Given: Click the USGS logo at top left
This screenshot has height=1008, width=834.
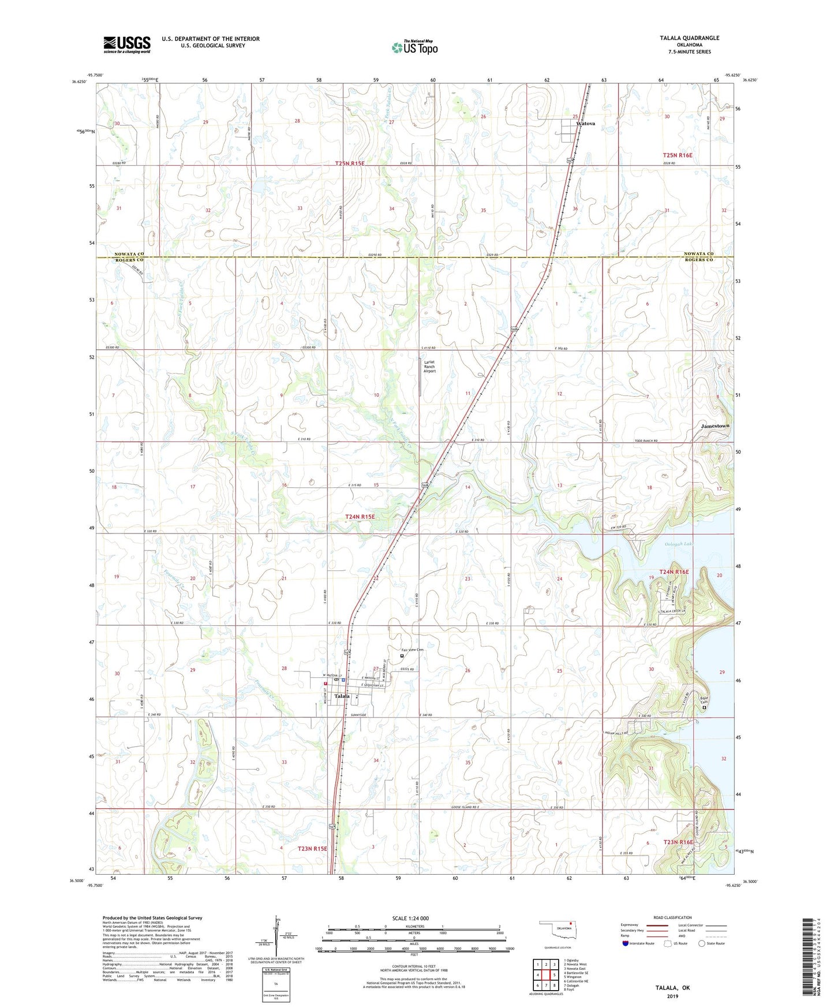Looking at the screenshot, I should (127, 44).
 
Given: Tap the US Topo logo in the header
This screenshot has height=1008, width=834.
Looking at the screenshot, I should (414, 47).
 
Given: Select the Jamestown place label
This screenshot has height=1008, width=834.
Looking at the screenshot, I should (715, 425).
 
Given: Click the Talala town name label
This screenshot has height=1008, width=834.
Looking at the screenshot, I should (342, 696).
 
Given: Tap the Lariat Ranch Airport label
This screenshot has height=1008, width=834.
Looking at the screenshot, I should (429, 367).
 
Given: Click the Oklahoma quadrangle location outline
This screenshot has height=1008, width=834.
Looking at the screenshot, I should (555, 931).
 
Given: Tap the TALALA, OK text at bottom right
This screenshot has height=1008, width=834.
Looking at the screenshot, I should (672, 988).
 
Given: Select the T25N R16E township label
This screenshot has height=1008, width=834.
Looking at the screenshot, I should (677, 155).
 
